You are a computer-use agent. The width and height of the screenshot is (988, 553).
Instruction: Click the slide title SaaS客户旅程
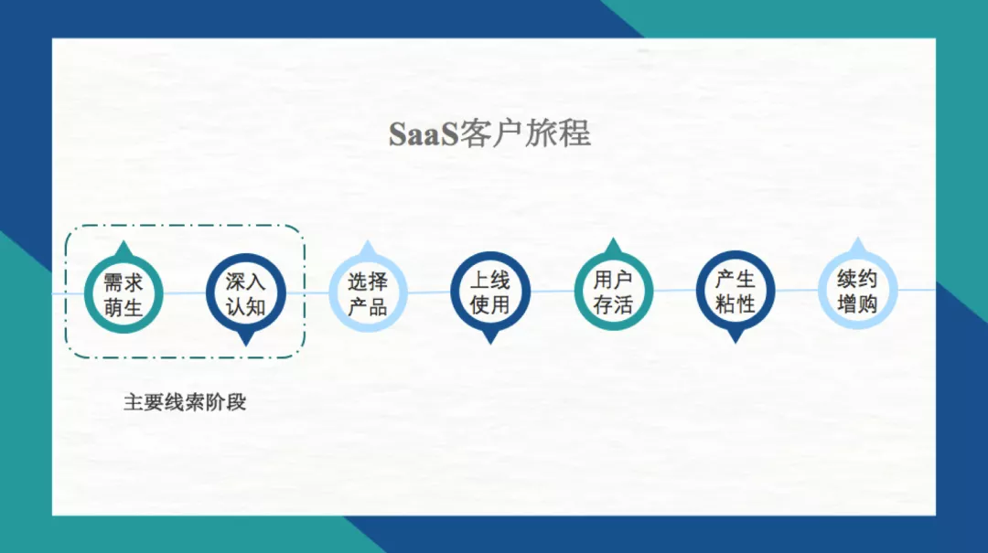click(490, 133)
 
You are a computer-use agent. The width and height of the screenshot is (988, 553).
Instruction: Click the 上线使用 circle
click(490, 292)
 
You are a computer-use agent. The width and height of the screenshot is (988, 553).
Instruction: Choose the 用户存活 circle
click(613, 292)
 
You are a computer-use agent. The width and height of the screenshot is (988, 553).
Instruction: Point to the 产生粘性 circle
click(736, 292)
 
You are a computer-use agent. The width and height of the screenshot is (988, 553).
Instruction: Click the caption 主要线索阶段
click(185, 402)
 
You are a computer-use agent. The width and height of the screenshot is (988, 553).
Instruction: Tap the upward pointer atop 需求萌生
click(123, 250)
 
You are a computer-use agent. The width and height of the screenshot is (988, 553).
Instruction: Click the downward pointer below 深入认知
click(245, 339)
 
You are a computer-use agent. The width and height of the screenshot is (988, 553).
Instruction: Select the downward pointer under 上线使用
click(490, 337)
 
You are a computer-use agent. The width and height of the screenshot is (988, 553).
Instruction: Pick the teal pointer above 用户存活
click(613, 247)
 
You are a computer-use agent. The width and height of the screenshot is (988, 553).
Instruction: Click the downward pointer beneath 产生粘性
click(736, 336)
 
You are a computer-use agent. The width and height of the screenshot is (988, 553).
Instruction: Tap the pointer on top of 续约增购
click(857, 246)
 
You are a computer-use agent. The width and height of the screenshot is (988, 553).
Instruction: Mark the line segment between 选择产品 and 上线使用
click(429, 292)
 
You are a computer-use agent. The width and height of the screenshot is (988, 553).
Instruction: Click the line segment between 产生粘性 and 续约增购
click(796, 290)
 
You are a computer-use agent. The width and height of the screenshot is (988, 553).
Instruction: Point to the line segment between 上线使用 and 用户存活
click(552, 292)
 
